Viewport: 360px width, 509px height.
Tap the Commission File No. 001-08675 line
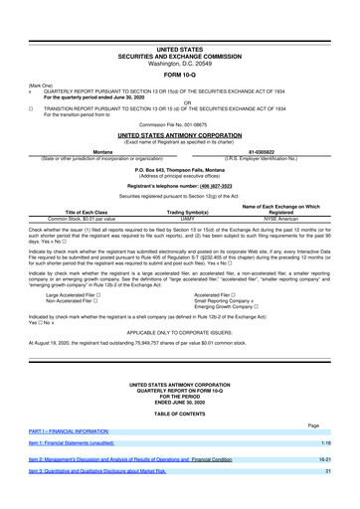(180, 122)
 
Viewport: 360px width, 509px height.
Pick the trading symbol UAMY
(179, 223)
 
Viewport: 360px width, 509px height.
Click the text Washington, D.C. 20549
(180, 63)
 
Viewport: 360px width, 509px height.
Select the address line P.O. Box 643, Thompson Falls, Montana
(180, 168)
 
